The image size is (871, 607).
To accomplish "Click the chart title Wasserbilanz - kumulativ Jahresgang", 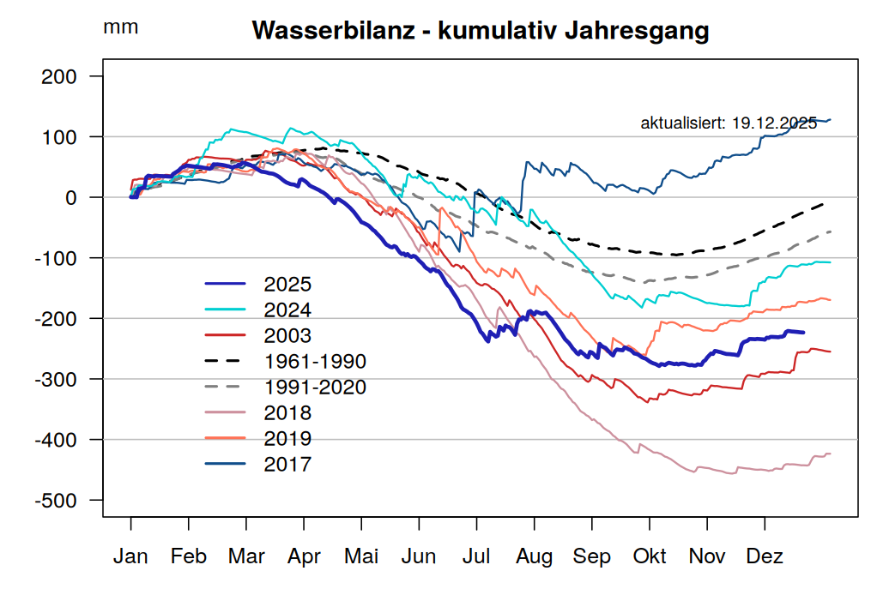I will pyautogui.click(x=480, y=32).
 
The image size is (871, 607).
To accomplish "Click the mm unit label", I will pyautogui.click(x=120, y=27).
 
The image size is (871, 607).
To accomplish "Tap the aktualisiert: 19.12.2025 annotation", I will pyautogui.click(x=729, y=123).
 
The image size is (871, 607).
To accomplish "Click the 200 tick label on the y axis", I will pyautogui.click(x=60, y=77).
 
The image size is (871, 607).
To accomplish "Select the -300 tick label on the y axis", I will pyautogui.click(x=57, y=380).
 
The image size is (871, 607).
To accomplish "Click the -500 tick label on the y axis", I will pyautogui.click(x=57, y=501).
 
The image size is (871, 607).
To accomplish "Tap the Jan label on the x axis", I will pyautogui.click(x=130, y=556).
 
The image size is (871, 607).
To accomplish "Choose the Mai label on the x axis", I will pyautogui.click(x=361, y=556).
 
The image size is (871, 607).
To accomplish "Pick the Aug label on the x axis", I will pyautogui.click(x=534, y=556).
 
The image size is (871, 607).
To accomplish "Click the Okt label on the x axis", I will pyautogui.click(x=650, y=556).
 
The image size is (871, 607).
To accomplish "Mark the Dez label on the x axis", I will pyautogui.click(x=765, y=556).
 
